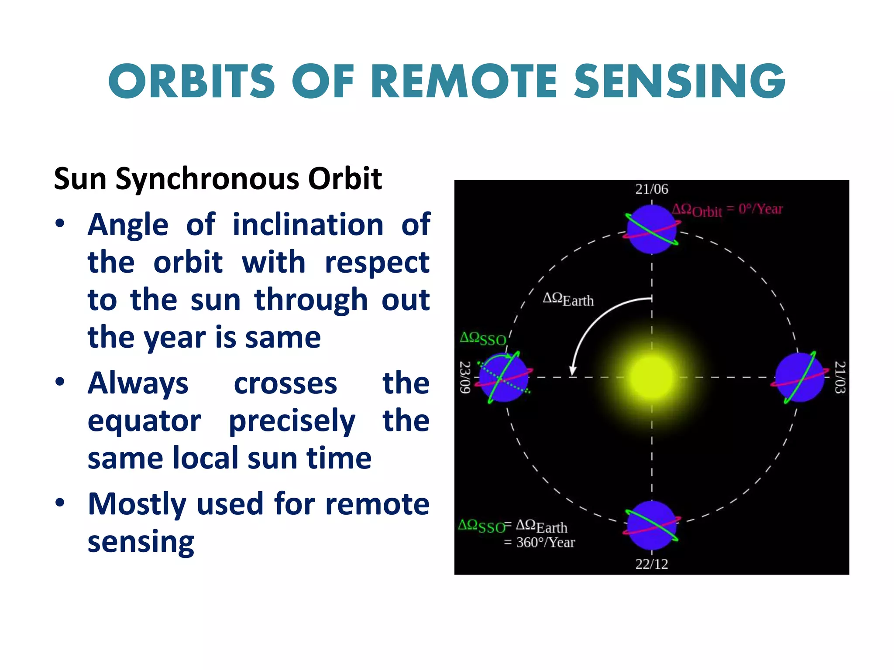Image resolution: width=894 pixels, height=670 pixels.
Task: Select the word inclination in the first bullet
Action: coord(308,225)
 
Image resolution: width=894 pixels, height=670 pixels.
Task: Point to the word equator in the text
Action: coord(144,421)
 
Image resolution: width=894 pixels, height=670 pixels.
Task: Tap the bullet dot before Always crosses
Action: coord(60,382)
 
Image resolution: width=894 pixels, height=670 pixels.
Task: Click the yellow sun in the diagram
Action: coord(651,377)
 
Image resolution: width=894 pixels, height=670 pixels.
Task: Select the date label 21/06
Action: coord(651,189)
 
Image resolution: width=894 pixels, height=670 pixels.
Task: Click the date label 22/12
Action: coord(651,564)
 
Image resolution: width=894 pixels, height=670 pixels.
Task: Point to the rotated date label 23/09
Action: coord(465,377)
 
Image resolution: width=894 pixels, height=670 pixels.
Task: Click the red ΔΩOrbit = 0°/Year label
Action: coord(727,210)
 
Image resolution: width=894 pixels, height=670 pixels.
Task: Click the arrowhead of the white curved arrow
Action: coord(573,371)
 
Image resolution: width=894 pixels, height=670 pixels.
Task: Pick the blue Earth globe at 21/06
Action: coord(651,229)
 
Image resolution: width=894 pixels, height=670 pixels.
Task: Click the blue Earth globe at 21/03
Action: coord(799,377)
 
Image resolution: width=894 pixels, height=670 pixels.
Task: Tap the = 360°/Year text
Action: coord(540,543)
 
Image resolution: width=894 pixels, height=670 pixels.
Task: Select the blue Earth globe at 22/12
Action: coord(651,525)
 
